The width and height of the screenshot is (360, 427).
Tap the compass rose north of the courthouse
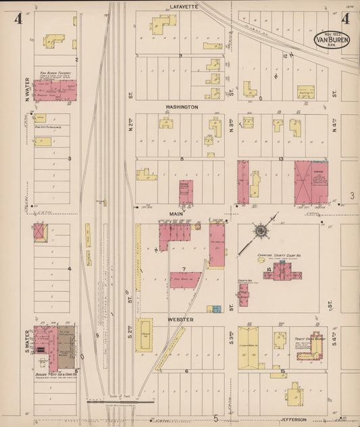point(261,231)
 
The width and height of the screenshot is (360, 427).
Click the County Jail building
point(243,294)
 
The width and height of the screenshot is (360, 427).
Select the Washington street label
point(182,107)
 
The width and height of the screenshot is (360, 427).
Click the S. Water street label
point(28,340)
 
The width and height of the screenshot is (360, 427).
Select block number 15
point(282,371)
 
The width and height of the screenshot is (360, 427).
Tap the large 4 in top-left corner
point(18,18)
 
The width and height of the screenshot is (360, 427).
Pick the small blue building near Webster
point(217,309)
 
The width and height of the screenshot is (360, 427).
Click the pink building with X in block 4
point(39,232)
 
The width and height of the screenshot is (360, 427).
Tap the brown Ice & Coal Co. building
point(65,343)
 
